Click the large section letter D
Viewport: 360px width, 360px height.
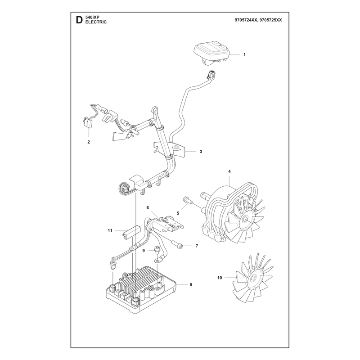tap(79, 20)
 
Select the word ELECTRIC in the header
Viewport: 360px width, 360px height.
tap(96, 22)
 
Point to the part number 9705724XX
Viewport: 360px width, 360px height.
tap(245, 20)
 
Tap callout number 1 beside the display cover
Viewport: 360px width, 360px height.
tap(244, 54)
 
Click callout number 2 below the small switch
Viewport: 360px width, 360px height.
tap(89, 142)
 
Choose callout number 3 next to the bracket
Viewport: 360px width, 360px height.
tap(201, 152)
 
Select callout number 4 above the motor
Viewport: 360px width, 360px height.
tap(229, 171)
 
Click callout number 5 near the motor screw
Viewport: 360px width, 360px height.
tap(178, 213)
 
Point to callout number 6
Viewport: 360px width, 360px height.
tap(148, 208)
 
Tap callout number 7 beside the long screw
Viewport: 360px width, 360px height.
tap(197, 246)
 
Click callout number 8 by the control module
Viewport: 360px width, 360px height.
tap(191, 285)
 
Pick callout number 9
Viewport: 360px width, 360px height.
tap(144, 251)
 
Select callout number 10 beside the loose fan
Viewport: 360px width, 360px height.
tap(220, 278)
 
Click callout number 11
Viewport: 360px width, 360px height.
tap(110, 230)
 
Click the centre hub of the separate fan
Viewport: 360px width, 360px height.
tap(253, 279)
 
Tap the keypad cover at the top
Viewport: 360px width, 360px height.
tap(212, 52)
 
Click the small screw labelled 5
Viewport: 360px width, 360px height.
tap(187, 199)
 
